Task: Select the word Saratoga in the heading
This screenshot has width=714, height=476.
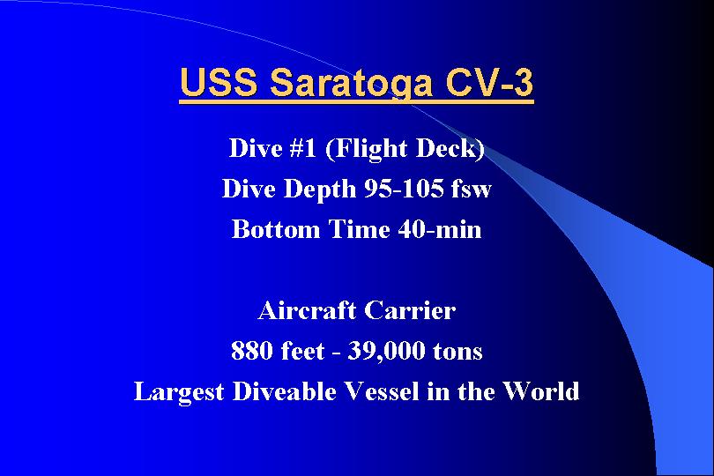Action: [351, 84]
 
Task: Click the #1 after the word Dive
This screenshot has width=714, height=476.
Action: [303, 148]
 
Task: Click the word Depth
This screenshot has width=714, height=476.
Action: [319, 189]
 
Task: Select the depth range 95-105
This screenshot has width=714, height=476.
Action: [405, 188]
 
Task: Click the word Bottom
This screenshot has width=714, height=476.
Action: [276, 229]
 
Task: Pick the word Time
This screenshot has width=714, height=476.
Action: [359, 228]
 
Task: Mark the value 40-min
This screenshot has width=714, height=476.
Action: [440, 229]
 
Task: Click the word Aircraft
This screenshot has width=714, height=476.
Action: [307, 310]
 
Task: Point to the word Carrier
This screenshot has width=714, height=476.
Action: [410, 310]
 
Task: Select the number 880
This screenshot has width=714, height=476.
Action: [252, 351]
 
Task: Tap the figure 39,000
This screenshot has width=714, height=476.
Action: [386, 352]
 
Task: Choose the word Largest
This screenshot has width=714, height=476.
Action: [179, 392]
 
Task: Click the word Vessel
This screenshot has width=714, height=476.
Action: [381, 391]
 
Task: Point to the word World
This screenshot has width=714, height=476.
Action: [541, 391]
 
